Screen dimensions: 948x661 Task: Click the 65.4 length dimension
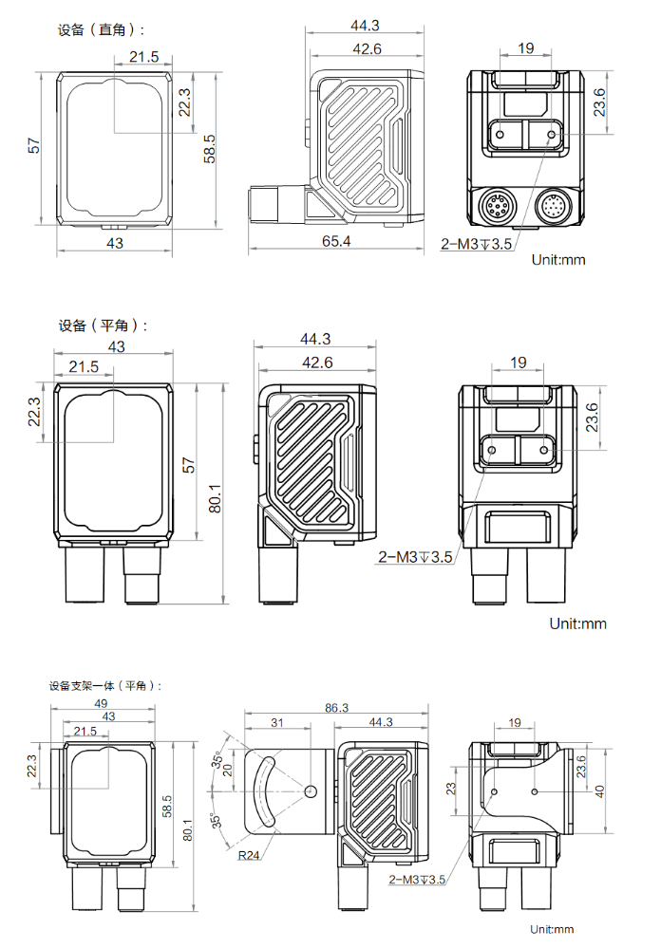pos(335,242)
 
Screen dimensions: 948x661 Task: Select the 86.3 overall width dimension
pos(336,708)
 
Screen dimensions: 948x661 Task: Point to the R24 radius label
pos(248,854)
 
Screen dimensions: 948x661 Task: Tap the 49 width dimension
pos(102,703)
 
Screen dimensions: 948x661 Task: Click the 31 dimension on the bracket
pos(277,723)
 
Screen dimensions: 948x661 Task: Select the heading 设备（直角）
pos(101,29)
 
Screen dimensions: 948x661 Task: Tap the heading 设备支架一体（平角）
pos(105,685)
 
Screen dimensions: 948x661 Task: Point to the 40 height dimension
pos(599,790)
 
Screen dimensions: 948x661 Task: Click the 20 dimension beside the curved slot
pos(227,769)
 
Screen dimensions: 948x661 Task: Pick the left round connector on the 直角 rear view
pos(496,205)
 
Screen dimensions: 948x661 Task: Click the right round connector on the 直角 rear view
pos(554,205)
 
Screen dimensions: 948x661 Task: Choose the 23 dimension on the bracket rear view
pos(452,789)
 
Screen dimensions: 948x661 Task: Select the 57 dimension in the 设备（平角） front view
pos(188,465)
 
